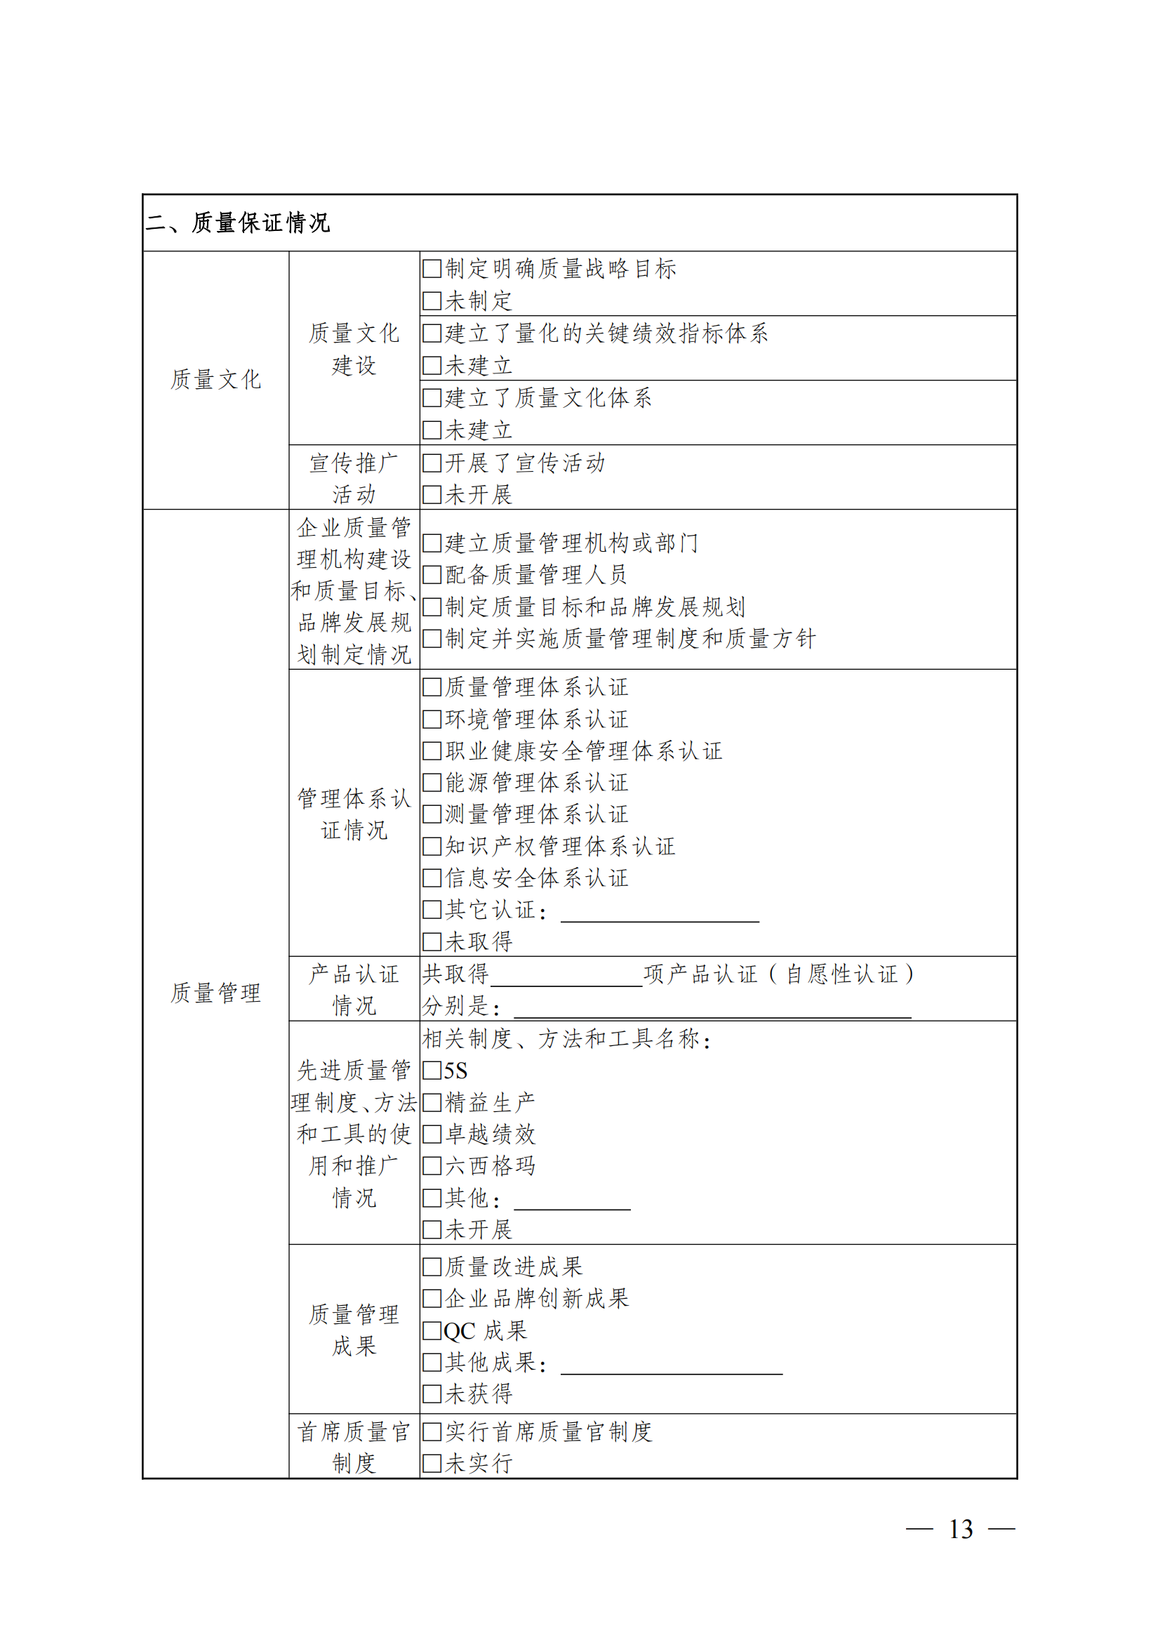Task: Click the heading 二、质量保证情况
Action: point(237,223)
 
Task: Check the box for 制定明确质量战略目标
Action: point(432,269)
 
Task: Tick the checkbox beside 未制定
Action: point(432,301)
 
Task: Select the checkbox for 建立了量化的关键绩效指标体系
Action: point(432,333)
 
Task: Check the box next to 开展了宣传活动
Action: point(432,463)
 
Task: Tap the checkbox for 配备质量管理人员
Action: point(432,575)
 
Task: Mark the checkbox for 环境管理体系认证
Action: point(432,720)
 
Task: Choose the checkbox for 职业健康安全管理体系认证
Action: point(432,751)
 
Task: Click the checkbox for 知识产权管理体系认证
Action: point(432,847)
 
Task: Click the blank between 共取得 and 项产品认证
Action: point(566,979)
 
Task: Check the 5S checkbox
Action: point(432,1071)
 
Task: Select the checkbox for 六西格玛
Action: point(432,1167)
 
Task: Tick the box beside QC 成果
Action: point(432,1331)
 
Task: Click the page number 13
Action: point(960,1529)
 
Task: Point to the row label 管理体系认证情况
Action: point(354,814)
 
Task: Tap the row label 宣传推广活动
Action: point(354,479)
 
